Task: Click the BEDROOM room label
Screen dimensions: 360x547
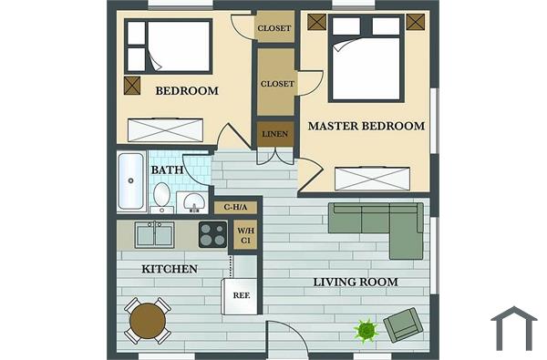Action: coord(187,90)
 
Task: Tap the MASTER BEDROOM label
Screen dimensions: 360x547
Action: coord(366,126)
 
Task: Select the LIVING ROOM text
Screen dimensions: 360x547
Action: coord(356,282)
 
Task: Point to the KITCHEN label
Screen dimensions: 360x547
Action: coord(170,269)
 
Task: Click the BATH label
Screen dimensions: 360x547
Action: coord(167,170)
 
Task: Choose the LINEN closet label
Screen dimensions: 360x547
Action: coord(275,135)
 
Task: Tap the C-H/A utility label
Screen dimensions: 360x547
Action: coord(236,207)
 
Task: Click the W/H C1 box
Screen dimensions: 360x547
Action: coord(245,235)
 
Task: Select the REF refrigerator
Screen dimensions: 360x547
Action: coord(242,295)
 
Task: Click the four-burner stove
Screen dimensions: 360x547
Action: coord(212,234)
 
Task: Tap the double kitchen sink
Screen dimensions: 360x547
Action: coord(155,234)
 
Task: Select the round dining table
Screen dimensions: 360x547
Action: coord(147,321)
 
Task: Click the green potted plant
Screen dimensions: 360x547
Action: coord(366,330)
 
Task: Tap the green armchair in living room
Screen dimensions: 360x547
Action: coord(402,325)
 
